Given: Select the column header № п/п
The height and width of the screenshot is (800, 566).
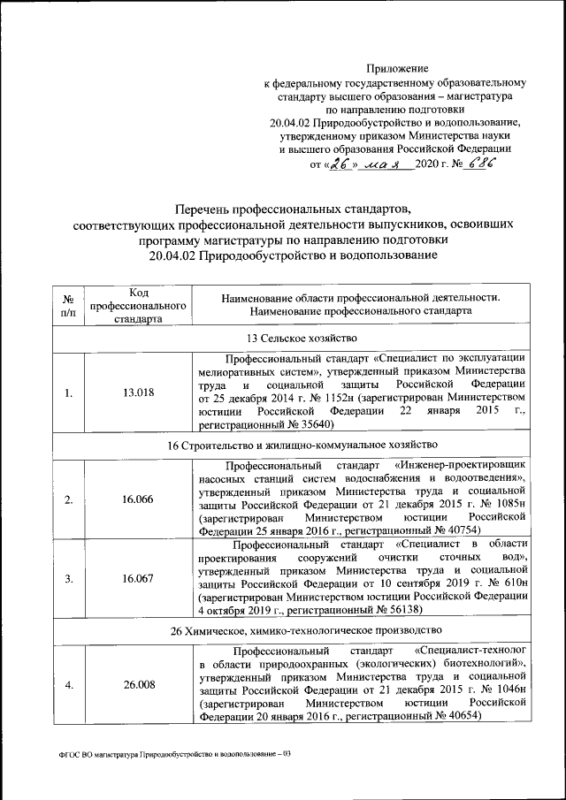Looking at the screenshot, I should pyautogui.click(x=67, y=305).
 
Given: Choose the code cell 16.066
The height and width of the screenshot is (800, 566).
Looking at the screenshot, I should pyautogui.click(x=138, y=499).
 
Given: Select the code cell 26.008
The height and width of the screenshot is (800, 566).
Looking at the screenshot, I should pyautogui.click(x=138, y=683).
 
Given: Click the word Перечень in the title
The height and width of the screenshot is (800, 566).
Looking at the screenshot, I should pyautogui.click(x=210, y=208).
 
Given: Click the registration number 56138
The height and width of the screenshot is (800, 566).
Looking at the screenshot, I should pyautogui.click(x=402, y=609).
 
